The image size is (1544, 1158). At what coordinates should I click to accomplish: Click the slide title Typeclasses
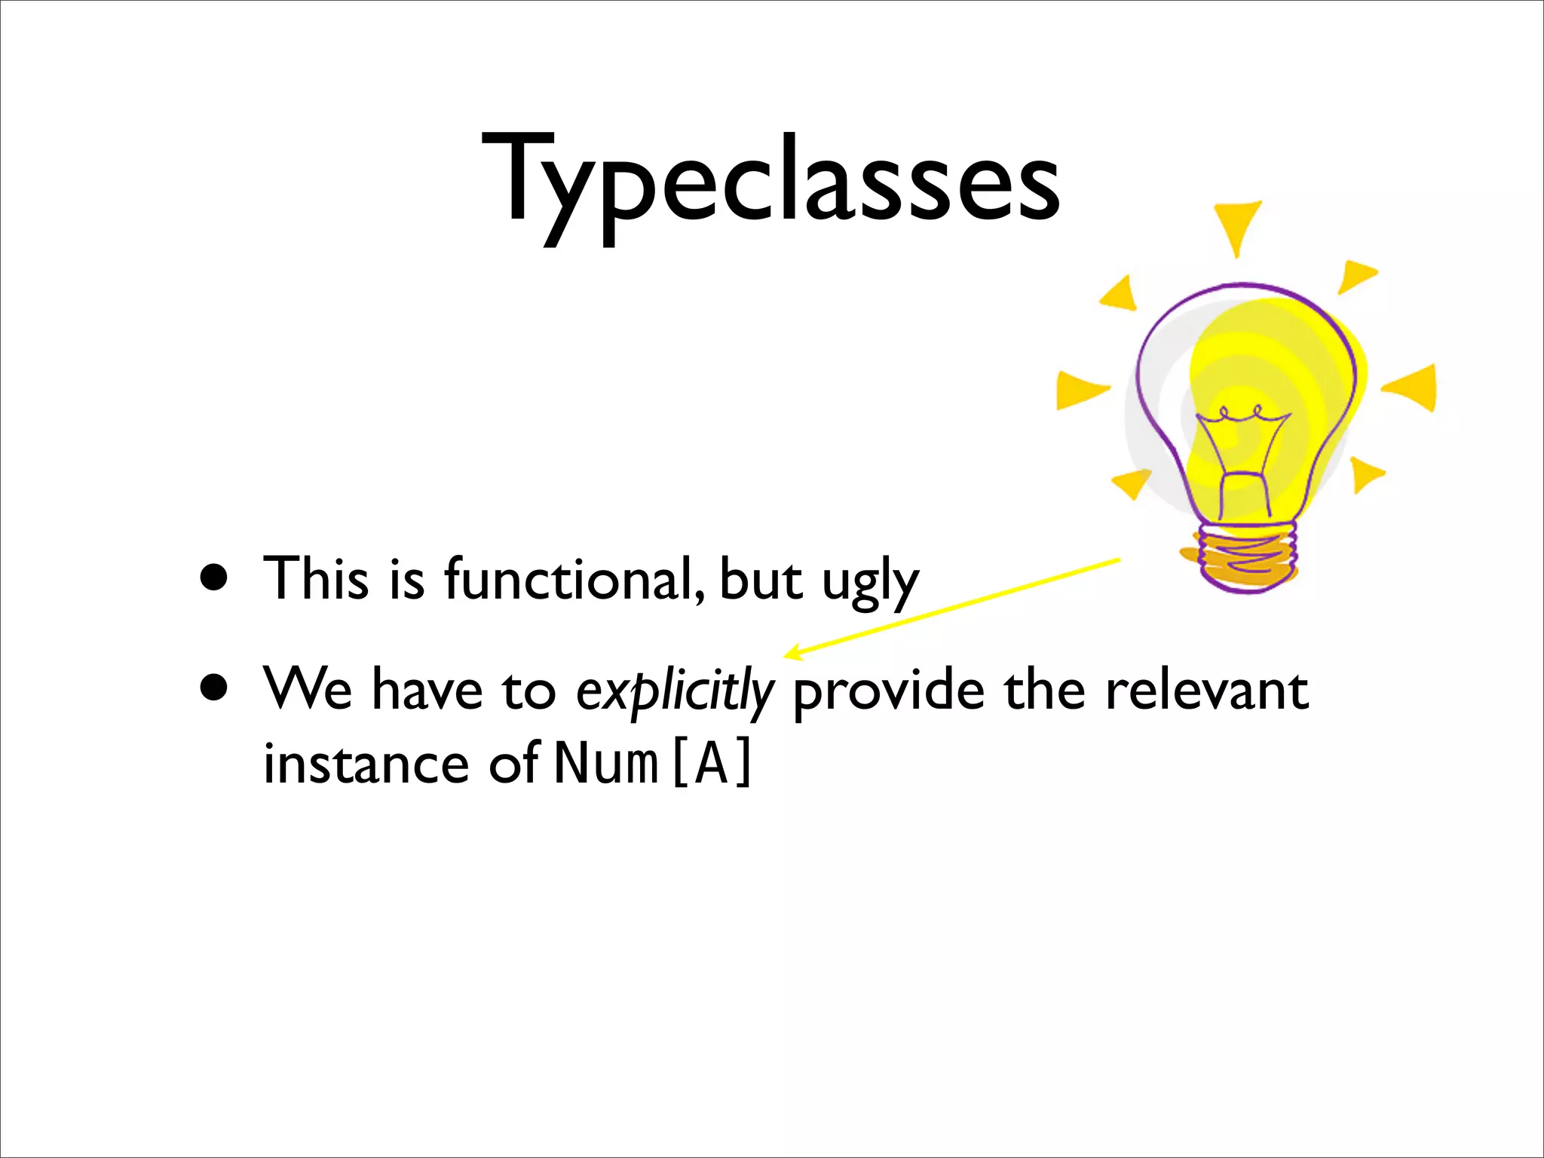[770, 181]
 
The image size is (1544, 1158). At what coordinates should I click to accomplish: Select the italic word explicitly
[674, 691]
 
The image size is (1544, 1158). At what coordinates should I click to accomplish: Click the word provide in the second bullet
[888, 691]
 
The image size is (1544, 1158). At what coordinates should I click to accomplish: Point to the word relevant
[1206, 689]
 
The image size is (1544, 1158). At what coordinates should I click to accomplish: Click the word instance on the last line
[366, 763]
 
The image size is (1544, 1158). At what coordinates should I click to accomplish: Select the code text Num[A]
[653, 763]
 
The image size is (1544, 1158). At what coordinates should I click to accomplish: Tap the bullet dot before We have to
[214, 688]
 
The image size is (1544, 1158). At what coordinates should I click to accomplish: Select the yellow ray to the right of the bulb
[1411, 388]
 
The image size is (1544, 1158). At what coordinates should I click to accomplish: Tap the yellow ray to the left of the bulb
[1080, 389]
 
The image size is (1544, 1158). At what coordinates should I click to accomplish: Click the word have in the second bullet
[427, 689]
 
